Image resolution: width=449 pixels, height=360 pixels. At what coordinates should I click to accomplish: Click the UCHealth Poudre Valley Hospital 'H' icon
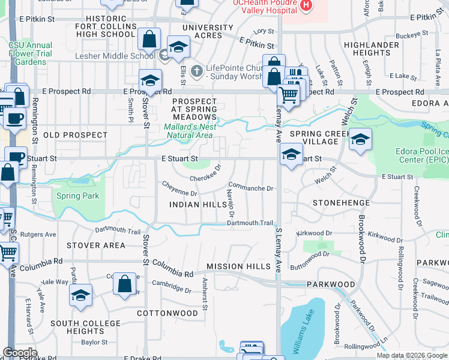(307, 5)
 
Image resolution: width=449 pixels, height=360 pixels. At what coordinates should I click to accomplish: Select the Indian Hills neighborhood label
(197, 205)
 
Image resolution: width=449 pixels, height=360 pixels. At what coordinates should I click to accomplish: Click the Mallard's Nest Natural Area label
(188, 131)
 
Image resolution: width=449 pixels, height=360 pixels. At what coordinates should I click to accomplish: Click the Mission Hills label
(234, 266)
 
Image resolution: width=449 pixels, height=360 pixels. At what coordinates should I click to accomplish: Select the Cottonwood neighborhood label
(167, 313)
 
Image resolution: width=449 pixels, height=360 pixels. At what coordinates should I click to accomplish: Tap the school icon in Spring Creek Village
(360, 140)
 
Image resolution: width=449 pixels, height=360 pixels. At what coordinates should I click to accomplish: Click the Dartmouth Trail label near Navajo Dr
(250, 223)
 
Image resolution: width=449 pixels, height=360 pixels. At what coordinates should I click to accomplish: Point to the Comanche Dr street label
(251, 188)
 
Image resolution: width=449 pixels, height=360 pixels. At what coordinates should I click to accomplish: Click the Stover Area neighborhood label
(96, 245)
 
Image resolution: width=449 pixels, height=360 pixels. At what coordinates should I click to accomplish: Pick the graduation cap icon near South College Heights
(80, 296)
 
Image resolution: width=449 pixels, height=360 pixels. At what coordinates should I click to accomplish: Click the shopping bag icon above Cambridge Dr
(124, 285)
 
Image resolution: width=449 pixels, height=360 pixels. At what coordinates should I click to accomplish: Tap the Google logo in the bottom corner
(20, 353)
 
